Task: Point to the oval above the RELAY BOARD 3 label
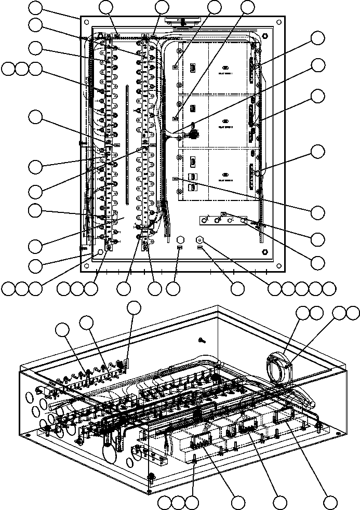click(x=225, y=175)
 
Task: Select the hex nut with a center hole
click(x=199, y=240)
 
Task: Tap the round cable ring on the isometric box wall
click(x=278, y=368)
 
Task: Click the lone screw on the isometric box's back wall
click(x=202, y=340)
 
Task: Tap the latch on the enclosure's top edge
click(x=181, y=21)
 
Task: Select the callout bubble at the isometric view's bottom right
click(x=329, y=502)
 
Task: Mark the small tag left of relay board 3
click(x=176, y=178)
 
